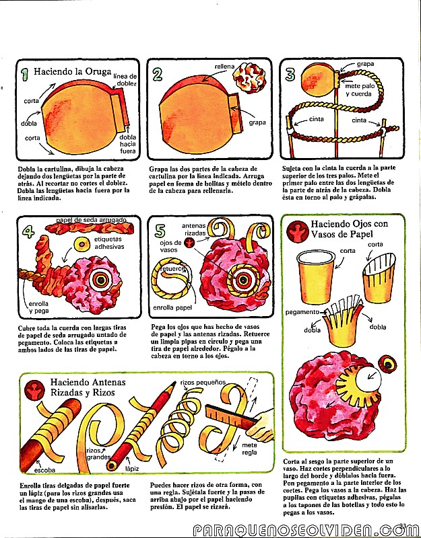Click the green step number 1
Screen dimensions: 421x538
25,74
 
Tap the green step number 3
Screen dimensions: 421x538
290,75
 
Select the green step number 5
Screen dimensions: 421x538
160,231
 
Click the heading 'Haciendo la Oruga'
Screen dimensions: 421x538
73,72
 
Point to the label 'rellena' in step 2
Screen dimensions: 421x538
224,66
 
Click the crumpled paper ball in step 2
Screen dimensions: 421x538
249,77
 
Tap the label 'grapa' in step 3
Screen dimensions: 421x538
365,64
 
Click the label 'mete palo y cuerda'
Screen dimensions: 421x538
360,90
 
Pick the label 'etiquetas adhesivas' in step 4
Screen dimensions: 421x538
109,243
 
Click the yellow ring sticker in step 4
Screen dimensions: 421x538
82,244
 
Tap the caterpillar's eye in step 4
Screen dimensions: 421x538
100,279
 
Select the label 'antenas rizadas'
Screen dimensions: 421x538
194,229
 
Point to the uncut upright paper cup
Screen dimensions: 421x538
316,277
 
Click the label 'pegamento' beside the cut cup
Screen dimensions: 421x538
302,312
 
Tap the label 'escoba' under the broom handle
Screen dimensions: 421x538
44,470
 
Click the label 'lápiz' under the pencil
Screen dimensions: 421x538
132,468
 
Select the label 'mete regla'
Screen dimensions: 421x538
249,449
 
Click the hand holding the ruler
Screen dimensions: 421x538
263,426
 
